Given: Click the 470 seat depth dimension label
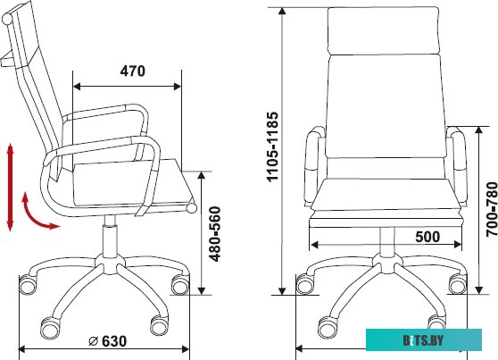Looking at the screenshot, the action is pos(132,71).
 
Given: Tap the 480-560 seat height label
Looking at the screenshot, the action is pos(215,234).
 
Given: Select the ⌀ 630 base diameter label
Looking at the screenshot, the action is pos(108,341).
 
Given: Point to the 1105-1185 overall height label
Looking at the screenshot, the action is pos(272,147).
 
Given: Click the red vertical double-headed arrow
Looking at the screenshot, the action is pos(10,187).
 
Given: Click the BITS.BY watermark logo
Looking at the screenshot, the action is pos(424,340).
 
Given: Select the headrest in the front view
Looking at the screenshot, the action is pos(384,31).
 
